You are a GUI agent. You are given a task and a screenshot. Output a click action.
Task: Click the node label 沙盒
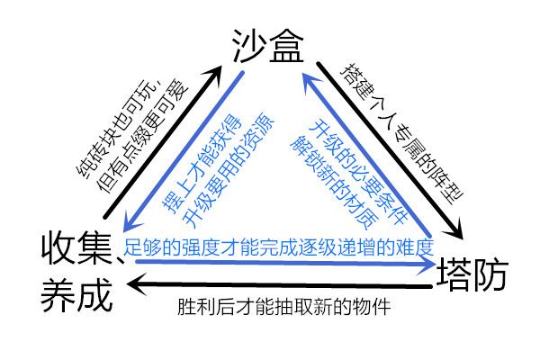click(x=269, y=42)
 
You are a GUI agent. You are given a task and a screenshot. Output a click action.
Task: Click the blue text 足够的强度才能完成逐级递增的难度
click(x=279, y=246)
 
